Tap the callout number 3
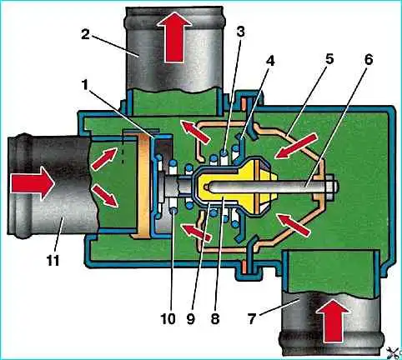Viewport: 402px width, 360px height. pyautogui.click(x=241, y=32)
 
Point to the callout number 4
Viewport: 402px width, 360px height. pyautogui.click(x=269, y=62)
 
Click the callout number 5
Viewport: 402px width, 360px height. pyautogui.click(x=329, y=60)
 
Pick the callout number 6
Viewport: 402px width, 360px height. pyautogui.click(x=369, y=60)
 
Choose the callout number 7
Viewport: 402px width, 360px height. pyautogui.click(x=251, y=319)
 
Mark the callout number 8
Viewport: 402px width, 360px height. pyautogui.click(x=215, y=319)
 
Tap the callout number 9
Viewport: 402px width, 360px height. pyautogui.click(x=190, y=319)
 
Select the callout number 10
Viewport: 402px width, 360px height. pyautogui.click(x=168, y=319)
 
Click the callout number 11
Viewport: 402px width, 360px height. pyautogui.click(x=53, y=260)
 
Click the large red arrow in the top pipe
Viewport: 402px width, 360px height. pyautogui.click(x=174, y=37)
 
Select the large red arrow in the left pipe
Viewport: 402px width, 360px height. pyautogui.click(x=33, y=183)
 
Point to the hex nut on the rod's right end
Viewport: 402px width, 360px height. pyautogui.click(x=330, y=187)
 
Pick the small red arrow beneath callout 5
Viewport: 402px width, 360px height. pyautogui.click(x=295, y=146)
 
